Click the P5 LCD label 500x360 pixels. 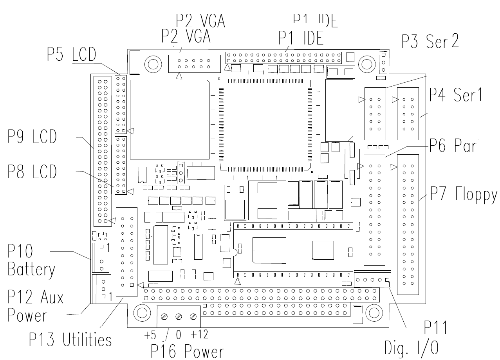pos(71,54)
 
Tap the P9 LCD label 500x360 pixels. pos(32,136)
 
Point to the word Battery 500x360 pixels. pos(31,270)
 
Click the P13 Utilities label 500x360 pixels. pos(70,339)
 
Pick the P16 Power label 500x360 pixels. pos(187,352)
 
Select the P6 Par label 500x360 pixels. pos(453,145)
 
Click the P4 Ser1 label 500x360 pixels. pos(456,95)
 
